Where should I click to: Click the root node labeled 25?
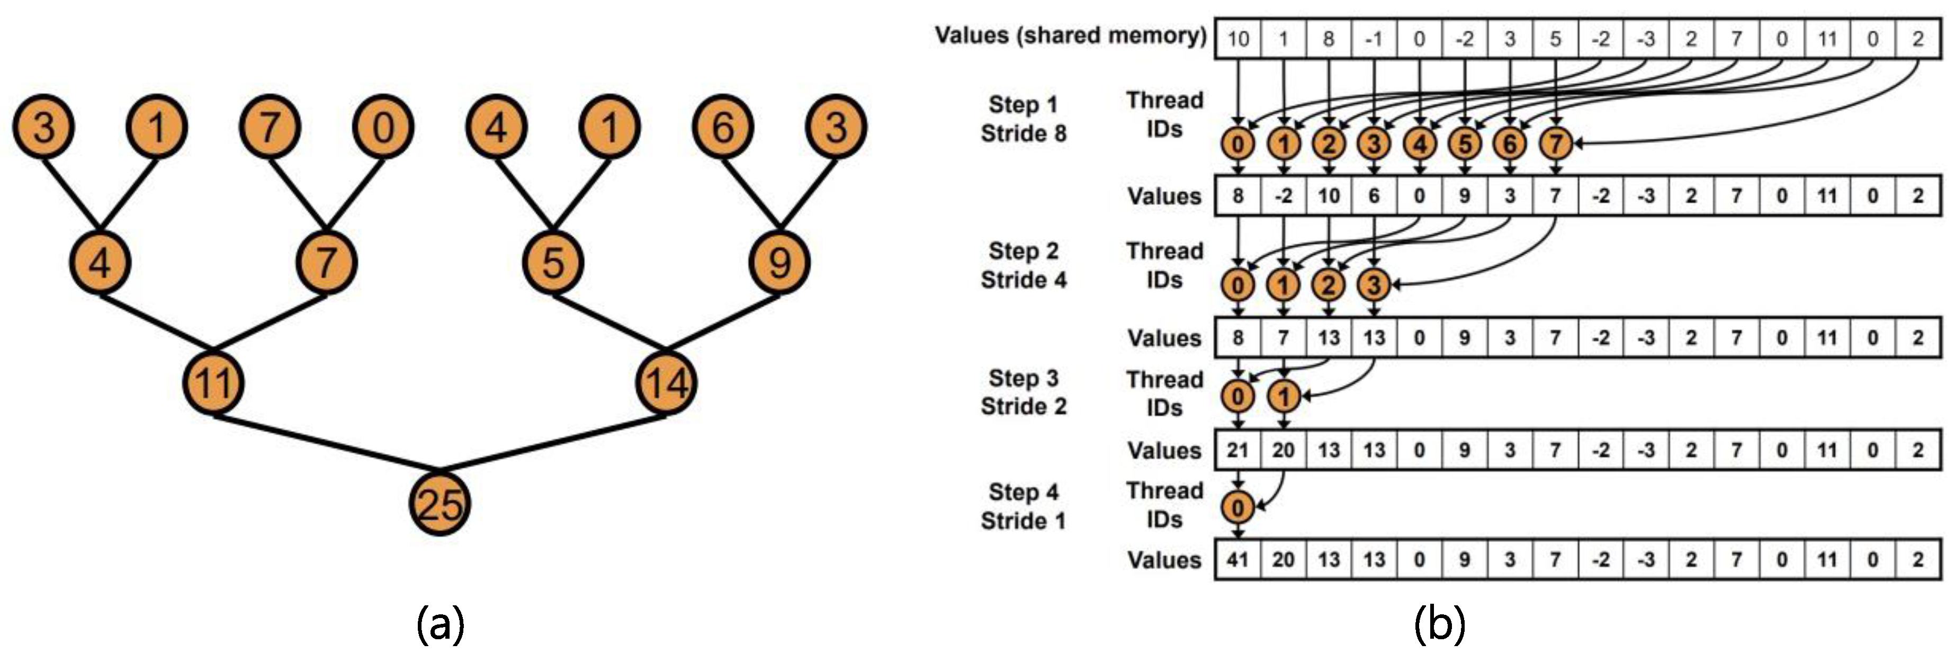coord(440,504)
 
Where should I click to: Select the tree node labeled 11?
coord(213,382)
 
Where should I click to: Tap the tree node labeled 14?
coord(666,382)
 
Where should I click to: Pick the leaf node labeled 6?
coord(722,127)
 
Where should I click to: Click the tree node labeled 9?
coord(779,263)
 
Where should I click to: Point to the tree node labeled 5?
coord(553,263)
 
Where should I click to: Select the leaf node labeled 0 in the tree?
coord(382,127)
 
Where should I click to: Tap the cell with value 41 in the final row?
coord(1238,560)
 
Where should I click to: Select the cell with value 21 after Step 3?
coord(1238,450)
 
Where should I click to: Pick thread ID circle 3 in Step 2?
coord(1374,285)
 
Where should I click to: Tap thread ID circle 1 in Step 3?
coord(1284,396)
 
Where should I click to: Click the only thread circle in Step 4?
coord(1238,507)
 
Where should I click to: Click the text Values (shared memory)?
coord(1070,35)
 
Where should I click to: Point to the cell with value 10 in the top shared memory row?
coord(1238,39)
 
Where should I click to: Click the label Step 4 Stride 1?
coord(1023,506)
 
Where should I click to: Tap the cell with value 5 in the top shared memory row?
coord(1555,39)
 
